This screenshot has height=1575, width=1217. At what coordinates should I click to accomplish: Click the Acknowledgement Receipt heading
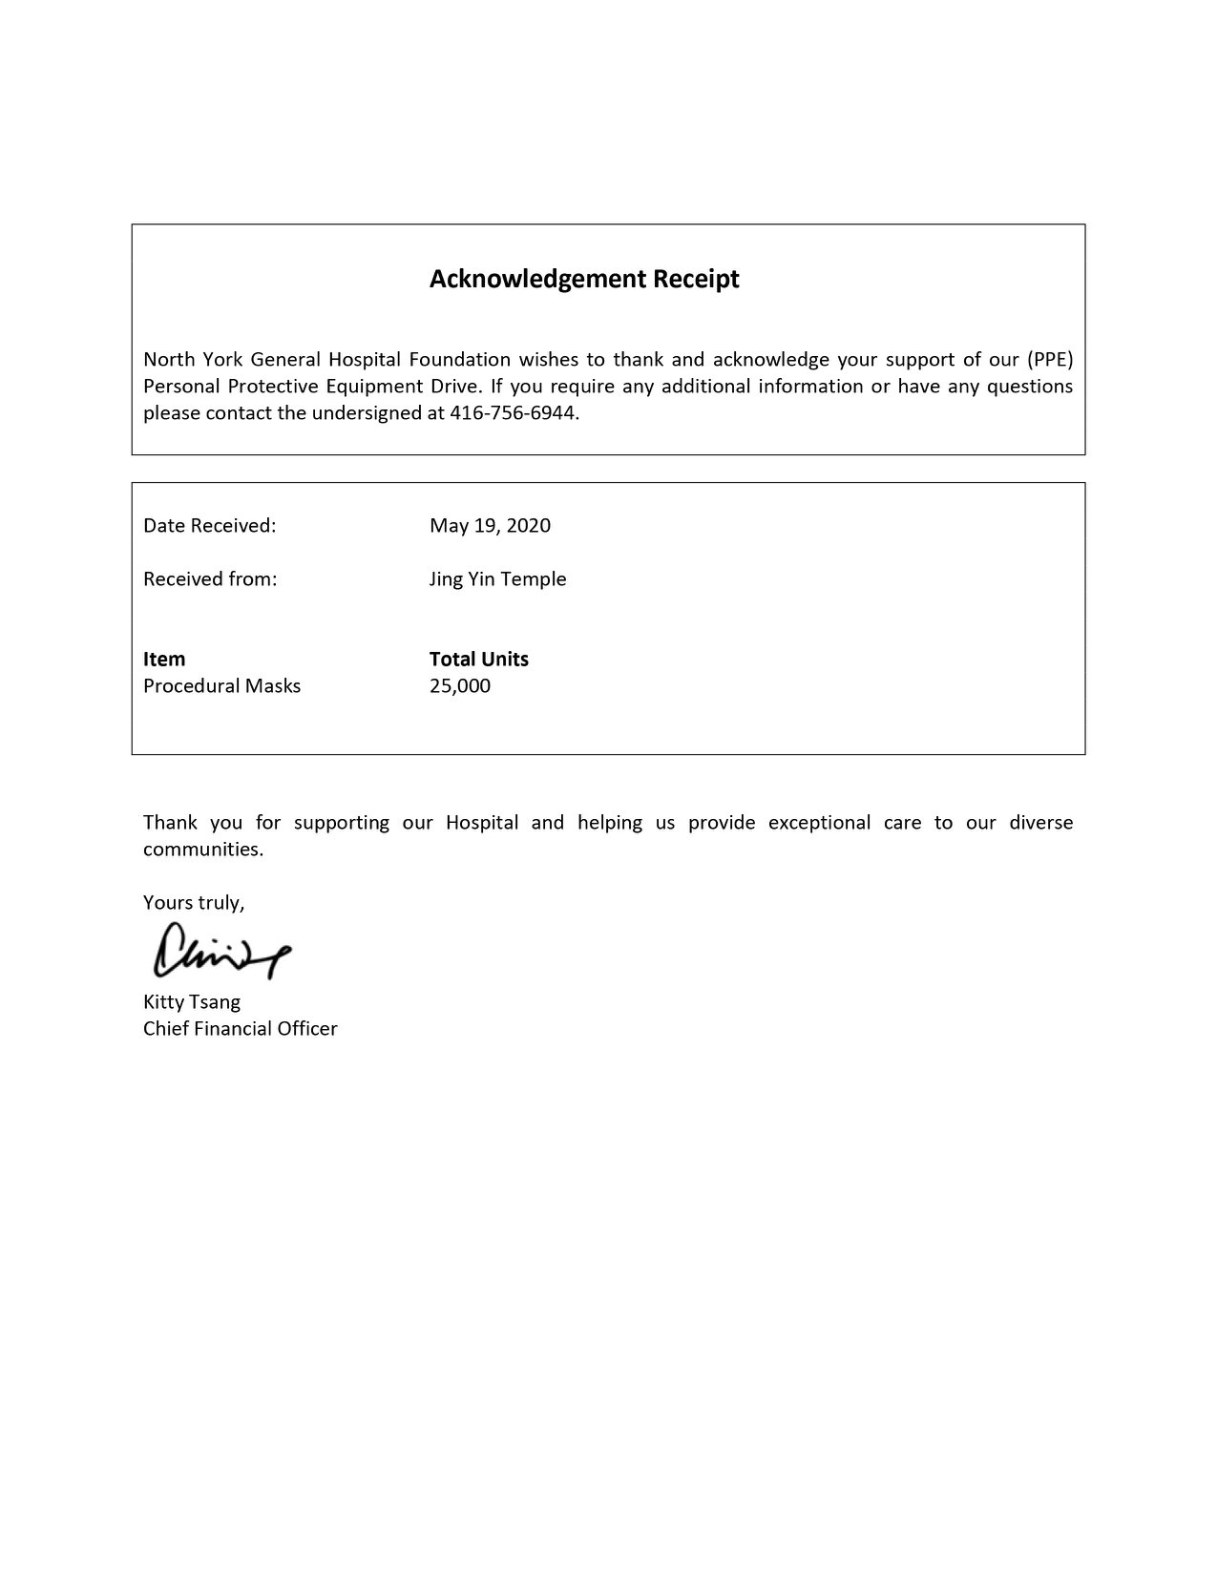click(584, 279)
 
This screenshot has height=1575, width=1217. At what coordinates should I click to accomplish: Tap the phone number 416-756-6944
click(514, 413)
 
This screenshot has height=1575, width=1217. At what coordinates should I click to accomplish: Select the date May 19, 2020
click(490, 525)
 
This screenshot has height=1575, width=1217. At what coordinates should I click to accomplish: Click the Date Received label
click(209, 525)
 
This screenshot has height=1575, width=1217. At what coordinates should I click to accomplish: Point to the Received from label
click(210, 578)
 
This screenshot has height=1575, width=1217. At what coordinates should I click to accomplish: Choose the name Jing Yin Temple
click(497, 578)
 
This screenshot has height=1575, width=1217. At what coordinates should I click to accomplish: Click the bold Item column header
click(164, 659)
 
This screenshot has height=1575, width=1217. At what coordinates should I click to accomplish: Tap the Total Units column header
click(478, 659)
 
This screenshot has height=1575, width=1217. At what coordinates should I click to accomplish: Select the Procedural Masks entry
click(221, 685)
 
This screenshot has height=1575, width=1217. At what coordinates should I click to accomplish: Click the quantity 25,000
click(459, 685)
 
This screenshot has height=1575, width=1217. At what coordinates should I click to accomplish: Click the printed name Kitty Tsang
click(192, 1001)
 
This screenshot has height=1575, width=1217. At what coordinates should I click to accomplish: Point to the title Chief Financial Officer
click(240, 1028)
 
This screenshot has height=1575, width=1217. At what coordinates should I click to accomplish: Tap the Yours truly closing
click(194, 902)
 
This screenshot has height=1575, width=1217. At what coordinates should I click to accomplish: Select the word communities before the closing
click(202, 849)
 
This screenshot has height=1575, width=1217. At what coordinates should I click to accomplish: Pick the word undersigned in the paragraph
click(368, 413)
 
